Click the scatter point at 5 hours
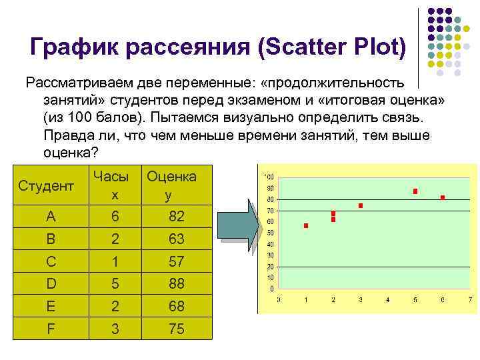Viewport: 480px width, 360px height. pos(415,191)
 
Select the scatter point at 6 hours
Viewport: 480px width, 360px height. pos(442,197)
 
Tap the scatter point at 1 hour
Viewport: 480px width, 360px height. pos(306,226)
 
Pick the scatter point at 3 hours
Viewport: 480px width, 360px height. pos(361,206)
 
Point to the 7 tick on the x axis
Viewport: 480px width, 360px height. pos(469,299)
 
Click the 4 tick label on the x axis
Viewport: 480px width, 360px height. pos(388,299)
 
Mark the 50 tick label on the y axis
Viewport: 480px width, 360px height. pos(269,233)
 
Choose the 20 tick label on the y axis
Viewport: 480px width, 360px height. pos(269,266)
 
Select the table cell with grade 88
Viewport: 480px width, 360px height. pos(176,284)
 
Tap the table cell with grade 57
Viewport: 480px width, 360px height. pos(176,261)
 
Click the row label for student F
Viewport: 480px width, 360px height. pos(51,329)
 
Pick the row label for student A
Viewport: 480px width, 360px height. pos(51,216)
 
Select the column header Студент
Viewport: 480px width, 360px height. pos(46,185)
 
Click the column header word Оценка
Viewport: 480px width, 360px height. pos(171,176)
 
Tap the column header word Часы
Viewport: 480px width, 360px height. pos(111,176)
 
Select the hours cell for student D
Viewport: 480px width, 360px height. pos(115,284)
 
